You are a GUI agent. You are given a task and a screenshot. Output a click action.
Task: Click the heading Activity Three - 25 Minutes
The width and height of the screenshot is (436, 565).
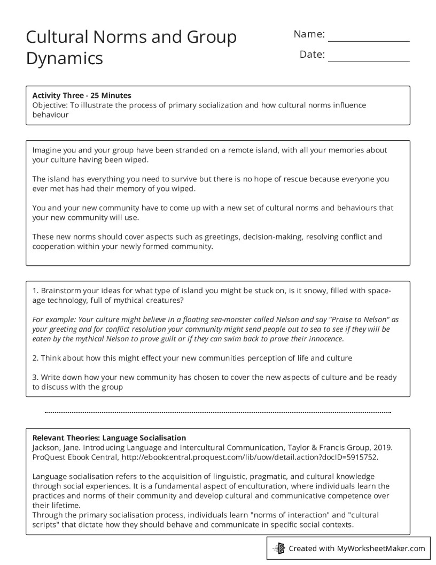82,95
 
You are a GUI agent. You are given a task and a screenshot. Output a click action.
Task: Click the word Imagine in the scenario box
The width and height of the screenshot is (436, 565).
48,150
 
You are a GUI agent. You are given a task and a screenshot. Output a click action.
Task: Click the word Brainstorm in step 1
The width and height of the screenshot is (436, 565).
63,290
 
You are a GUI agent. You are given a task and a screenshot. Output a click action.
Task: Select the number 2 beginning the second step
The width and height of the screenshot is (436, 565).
35,357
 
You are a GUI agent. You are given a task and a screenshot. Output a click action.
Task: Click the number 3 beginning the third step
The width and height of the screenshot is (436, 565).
35,377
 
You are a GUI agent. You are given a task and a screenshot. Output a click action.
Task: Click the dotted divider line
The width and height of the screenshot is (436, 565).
218,413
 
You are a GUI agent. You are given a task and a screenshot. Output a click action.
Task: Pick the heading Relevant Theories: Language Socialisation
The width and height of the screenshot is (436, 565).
109,437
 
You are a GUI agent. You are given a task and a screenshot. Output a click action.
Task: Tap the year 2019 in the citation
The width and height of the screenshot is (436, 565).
383,447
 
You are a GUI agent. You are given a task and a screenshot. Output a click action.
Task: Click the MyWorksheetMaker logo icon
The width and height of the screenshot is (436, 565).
279,548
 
